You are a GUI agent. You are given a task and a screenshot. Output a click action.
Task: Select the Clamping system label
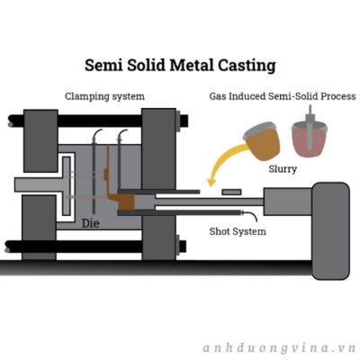[x=104, y=96]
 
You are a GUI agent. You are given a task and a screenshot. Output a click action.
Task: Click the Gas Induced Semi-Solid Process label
[x=283, y=96]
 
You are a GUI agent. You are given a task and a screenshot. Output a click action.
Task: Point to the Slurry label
[x=283, y=169]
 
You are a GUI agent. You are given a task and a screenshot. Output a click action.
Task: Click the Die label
[x=91, y=223]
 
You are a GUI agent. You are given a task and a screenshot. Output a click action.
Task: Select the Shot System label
[x=238, y=231]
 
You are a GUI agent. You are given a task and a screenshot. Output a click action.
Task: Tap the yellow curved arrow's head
[x=212, y=182]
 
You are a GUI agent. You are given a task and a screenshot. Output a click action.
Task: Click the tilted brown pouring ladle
[x=262, y=141]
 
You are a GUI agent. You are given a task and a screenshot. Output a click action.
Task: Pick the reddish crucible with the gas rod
[x=310, y=139]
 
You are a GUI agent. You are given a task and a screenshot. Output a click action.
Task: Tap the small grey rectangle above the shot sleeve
[x=231, y=192]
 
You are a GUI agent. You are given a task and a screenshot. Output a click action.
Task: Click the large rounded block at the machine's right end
[x=330, y=230]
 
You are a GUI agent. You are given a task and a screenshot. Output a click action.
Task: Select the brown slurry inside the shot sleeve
[x=126, y=202]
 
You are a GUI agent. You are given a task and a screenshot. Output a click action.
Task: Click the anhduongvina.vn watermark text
[x=279, y=348]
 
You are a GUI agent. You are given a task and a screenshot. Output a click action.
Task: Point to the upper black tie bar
[x=98, y=121]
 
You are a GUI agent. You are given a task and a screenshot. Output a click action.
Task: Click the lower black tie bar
[x=95, y=247]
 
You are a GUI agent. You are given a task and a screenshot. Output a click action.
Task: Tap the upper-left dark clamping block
[x=40, y=141]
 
